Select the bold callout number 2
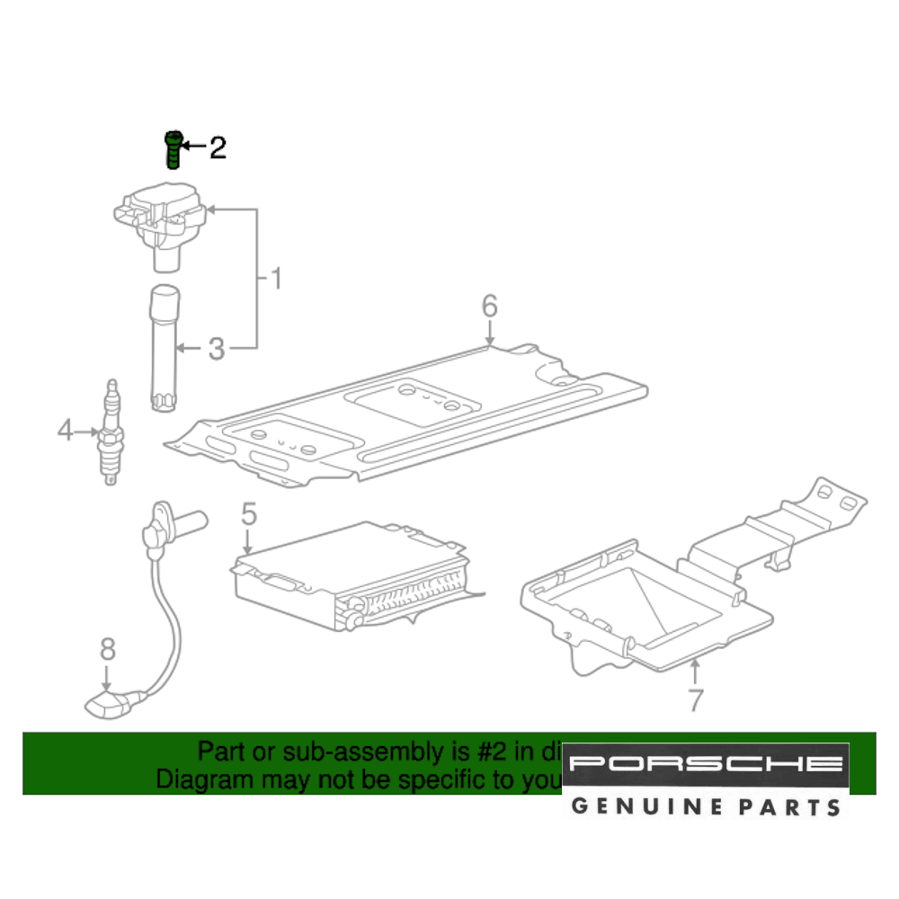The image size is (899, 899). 218,147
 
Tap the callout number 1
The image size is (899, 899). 276,279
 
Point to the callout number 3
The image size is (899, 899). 216,349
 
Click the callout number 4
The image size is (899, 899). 65,432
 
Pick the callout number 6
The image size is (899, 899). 488,306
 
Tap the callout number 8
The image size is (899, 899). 107,647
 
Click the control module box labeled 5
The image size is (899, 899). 351,575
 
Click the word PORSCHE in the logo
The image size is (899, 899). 706,765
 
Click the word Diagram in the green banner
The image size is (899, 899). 204,779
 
